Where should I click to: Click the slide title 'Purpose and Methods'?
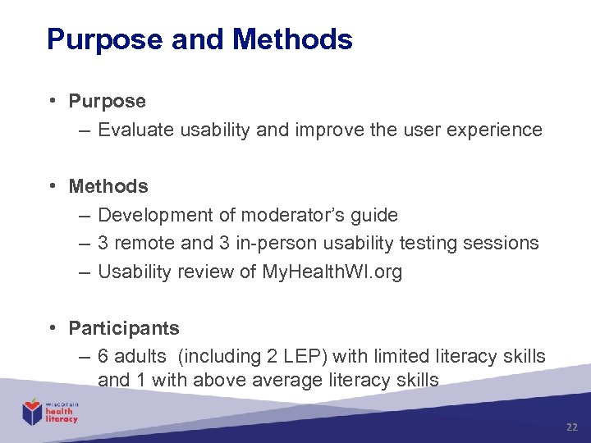point(199,39)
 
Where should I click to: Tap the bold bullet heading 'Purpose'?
point(107,101)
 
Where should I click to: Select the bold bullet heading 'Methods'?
point(108,186)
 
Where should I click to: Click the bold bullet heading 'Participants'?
point(123,328)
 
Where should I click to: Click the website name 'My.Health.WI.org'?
point(332,272)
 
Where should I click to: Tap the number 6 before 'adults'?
point(103,356)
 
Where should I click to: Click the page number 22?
point(572,427)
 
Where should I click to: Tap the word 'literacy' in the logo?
point(62,419)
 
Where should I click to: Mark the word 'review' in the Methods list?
point(206,272)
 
